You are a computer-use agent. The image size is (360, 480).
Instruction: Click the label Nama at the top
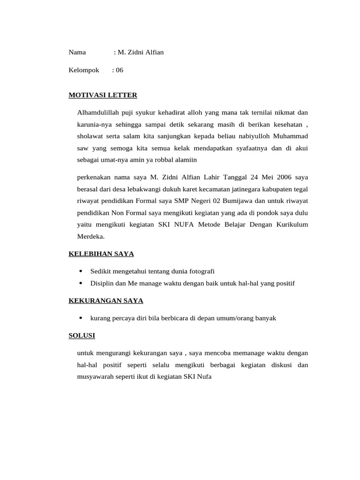pos(77,52)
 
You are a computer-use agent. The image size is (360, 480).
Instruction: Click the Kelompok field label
pos(84,70)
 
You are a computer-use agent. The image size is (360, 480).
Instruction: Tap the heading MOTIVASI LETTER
pos(103,95)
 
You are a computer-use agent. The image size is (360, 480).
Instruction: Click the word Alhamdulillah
pos(98,112)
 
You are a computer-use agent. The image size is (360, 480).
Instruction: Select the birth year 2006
pos(284,177)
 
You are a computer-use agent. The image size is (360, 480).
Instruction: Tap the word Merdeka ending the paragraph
pos(90,236)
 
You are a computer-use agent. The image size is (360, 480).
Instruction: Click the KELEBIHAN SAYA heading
pos(101,254)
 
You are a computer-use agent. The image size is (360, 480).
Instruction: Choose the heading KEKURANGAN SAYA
pos(106,300)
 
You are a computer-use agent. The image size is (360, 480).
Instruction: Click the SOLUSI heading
pos(82,336)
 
